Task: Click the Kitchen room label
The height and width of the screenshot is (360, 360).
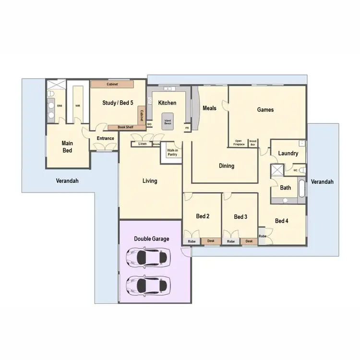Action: click(167, 103)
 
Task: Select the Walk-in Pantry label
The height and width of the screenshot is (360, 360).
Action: click(172, 153)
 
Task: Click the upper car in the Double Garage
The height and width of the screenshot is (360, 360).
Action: click(147, 258)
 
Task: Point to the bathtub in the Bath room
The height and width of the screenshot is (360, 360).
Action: click(302, 188)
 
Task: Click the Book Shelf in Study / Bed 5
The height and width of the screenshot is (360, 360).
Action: click(126, 127)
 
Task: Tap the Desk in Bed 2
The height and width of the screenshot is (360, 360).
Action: click(211, 241)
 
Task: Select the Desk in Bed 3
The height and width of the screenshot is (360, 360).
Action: click(249, 241)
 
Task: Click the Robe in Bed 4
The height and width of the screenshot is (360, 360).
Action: click(263, 236)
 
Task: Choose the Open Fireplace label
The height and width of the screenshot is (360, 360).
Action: click(239, 143)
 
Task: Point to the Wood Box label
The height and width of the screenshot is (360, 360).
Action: click(253, 143)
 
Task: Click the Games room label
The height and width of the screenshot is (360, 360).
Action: click(265, 110)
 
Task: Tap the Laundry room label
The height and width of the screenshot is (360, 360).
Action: click(288, 154)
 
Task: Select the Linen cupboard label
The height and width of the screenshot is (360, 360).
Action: click(142, 144)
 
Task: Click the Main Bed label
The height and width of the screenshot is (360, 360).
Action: click(67, 146)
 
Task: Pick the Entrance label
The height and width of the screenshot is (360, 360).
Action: click(106, 139)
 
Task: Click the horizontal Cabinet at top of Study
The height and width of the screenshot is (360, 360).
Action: click(113, 84)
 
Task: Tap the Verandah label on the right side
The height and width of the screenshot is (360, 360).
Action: click(322, 182)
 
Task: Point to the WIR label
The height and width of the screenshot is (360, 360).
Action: click(77, 106)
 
